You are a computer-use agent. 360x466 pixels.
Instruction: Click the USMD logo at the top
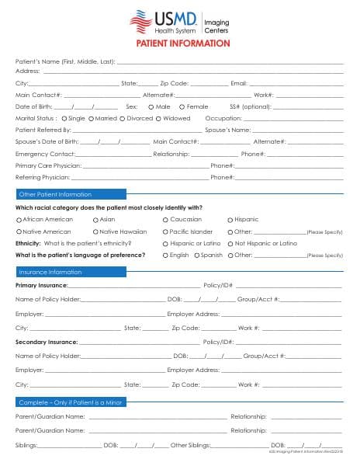(x=179, y=22)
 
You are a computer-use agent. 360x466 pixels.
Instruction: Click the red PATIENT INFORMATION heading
(x=180, y=43)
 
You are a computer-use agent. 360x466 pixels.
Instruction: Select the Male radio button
(x=150, y=106)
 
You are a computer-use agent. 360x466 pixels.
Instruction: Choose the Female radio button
(x=182, y=106)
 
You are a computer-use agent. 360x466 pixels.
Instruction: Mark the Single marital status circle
(x=64, y=119)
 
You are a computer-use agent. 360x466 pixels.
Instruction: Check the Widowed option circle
(x=157, y=119)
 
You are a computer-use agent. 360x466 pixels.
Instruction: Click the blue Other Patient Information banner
(x=71, y=194)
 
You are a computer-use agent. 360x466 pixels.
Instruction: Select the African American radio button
(x=19, y=220)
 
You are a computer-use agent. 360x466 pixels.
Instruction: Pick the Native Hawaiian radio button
(x=95, y=231)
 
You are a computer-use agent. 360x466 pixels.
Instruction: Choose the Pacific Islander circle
(x=164, y=231)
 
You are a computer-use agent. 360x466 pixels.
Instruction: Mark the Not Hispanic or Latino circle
(x=230, y=243)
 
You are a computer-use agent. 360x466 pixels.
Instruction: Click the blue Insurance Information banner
(x=71, y=272)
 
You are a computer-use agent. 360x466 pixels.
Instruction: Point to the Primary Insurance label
(x=41, y=286)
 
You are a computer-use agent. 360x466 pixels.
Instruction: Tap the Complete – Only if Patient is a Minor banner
(x=71, y=402)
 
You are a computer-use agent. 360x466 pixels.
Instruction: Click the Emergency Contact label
(x=43, y=154)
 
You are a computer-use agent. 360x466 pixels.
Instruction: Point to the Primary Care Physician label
(x=48, y=165)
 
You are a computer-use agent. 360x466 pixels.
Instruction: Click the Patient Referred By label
(x=43, y=130)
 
